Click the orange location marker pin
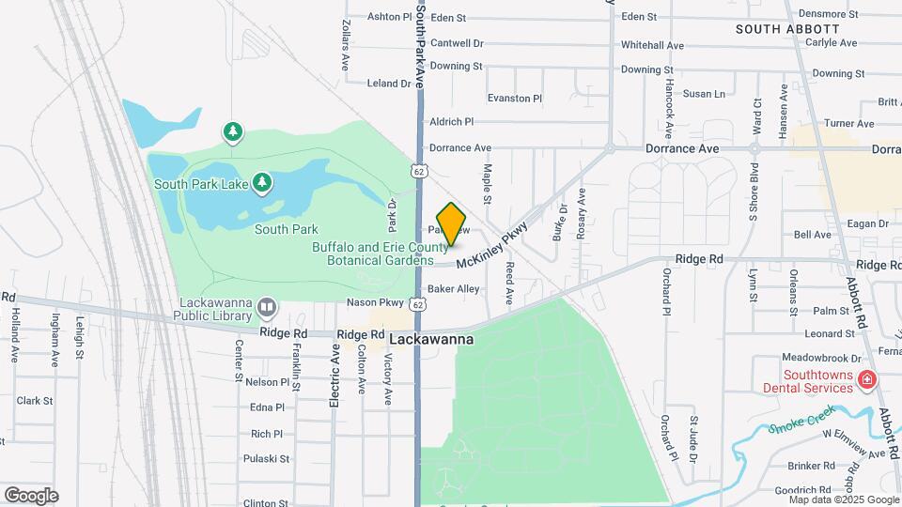[x=452, y=224]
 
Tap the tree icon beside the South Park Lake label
[x=264, y=180]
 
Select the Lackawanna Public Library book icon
[x=268, y=308]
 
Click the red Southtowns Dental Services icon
[x=866, y=380]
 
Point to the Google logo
[x=31, y=496]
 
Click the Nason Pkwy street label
[x=375, y=302]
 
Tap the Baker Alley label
[x=453, y=289]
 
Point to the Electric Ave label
[x=334, y=375]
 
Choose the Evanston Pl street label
[x=515, y=98]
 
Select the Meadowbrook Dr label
[x=822, y=358]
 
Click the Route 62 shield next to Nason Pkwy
[x=418, y=303]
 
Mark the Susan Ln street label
[x=704, y=94]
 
